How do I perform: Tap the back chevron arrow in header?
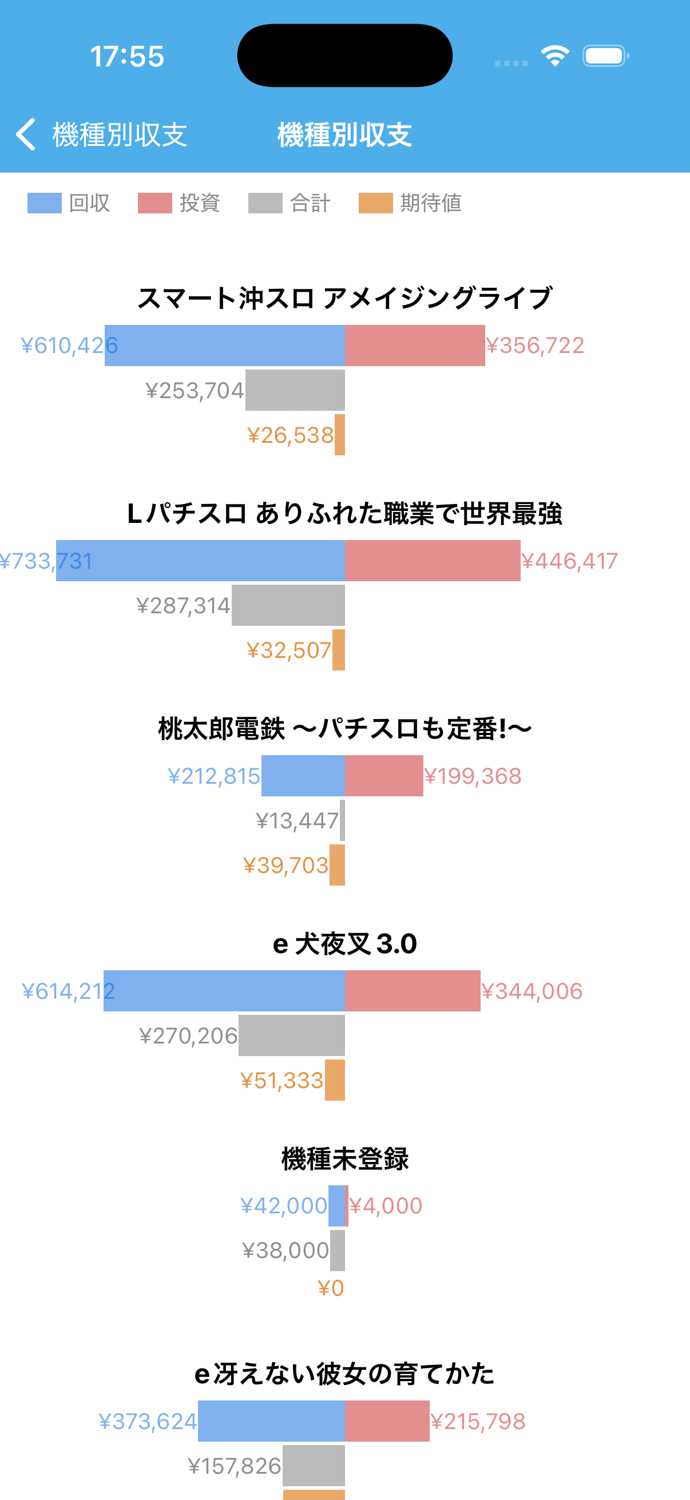26,134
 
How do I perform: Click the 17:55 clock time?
127,57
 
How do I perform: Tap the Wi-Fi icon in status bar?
554,56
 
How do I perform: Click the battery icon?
605,56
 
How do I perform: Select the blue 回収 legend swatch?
44,203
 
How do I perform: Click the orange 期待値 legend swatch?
375,203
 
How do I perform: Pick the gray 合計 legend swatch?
265,203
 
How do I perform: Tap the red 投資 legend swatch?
155,203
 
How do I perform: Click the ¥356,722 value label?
534,346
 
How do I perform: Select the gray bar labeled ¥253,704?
295,390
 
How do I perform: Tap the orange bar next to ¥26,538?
340,434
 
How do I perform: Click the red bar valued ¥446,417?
432,561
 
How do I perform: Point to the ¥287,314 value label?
184,606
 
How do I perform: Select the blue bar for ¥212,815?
303,776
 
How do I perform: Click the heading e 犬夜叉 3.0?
344,944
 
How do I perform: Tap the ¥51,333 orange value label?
282,1081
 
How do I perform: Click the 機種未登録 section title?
344,1159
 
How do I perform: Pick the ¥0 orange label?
331,1288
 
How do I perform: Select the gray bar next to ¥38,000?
338,1250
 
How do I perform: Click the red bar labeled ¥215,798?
387,1421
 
